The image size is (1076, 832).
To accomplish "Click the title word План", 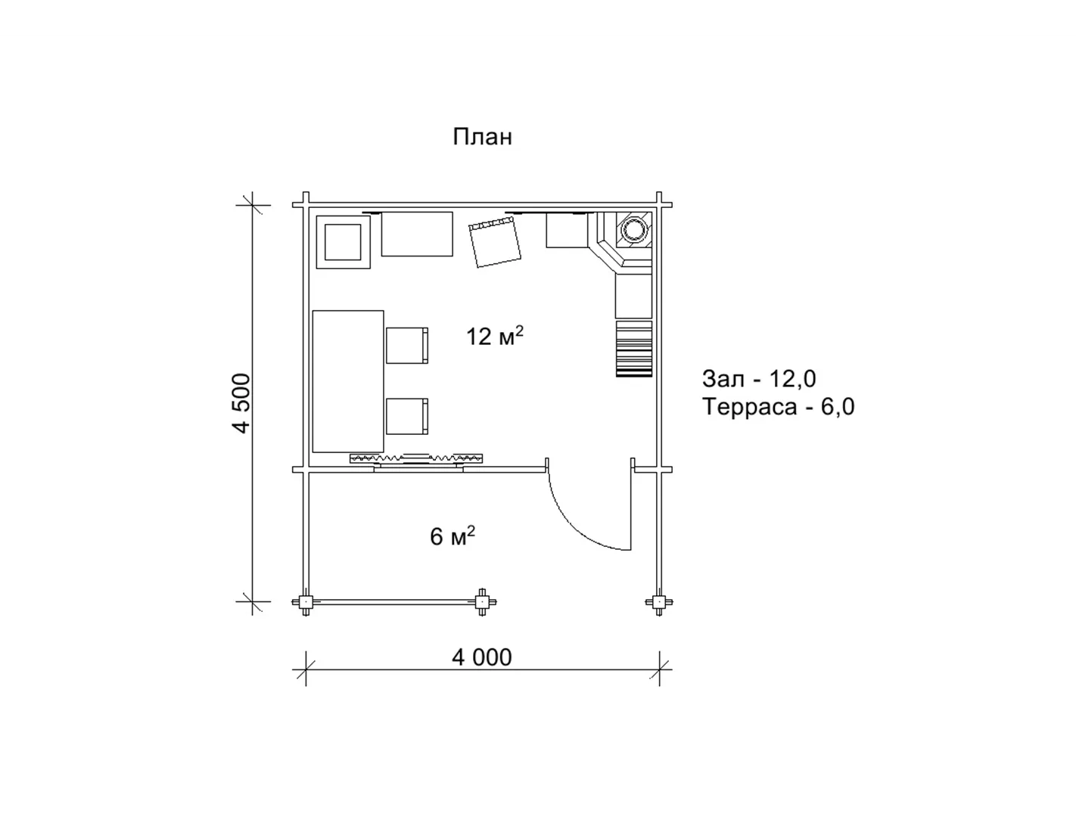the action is tap(482, 137).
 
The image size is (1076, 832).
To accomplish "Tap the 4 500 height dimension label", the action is tap(243, 403).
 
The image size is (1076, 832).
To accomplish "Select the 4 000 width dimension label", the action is tap(482, 657).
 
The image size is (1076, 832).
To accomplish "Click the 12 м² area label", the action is tap(494, 336).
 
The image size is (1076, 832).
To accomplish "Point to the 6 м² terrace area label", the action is tap(452, 536).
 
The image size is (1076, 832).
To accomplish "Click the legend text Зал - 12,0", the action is tap(759, 379).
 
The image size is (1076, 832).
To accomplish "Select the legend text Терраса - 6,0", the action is tap(779, 407).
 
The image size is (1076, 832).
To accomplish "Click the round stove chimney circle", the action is tap(633, 230).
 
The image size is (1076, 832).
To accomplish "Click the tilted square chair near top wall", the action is tap(495, 243).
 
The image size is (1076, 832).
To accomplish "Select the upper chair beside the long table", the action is tap(407, 346).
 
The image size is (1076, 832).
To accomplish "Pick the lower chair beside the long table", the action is tap(407, 416).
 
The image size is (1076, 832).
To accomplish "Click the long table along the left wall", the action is tap(348, 381).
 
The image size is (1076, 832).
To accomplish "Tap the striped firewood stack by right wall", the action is tap(634, 349).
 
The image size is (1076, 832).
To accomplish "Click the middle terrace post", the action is tap(482, 602).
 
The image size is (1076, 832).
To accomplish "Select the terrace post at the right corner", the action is tap(658, 602).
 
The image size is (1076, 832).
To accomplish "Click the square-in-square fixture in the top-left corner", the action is tap(343, 242).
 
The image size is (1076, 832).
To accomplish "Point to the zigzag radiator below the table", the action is tap(416, 458).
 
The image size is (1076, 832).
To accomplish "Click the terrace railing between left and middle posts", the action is tap(393, 602).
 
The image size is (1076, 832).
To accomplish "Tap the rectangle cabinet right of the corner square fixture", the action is tap(417, 234).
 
